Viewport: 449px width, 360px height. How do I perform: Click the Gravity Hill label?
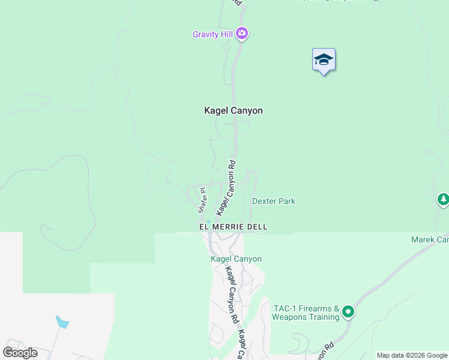tap(212, 34)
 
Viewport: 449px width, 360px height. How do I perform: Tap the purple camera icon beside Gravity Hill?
tap(242, 34)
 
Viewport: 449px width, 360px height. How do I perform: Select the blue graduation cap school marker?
tap(324, 60)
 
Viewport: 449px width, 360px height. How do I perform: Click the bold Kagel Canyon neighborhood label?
tap(234, 110)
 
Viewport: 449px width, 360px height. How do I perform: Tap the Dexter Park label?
tap(273, 202)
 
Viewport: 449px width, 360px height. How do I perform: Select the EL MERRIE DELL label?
tap(233, 227)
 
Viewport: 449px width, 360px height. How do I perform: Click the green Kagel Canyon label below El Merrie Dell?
tap(236, 259)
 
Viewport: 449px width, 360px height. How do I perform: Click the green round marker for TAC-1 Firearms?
tap(348, 311)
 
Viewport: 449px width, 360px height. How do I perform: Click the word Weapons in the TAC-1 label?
tap(290, 316)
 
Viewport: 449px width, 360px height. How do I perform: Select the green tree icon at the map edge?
tap(443, 199)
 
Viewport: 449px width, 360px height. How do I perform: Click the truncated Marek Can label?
tap(430, 239)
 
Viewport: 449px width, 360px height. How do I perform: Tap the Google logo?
tap(20, 353)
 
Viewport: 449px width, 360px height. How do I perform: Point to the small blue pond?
tap(62, 322)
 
